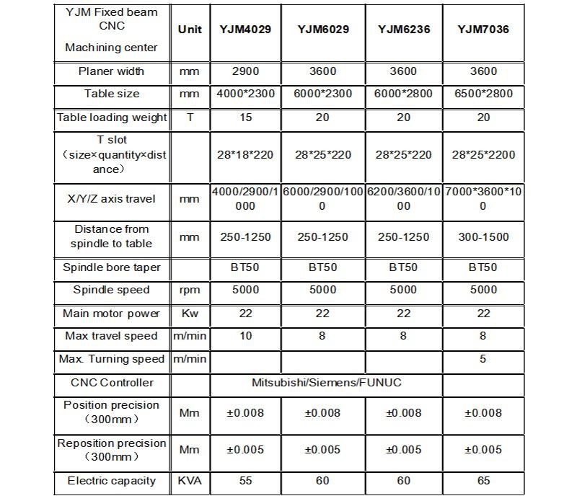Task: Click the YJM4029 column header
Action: [x=245, y=30]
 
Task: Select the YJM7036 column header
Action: [x=483, y=30]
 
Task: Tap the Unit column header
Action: [x=190, y=30]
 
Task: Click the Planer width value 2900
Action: [x=245, y=71]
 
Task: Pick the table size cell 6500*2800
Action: [x=483, y=94]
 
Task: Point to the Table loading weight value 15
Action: [x=245, y=117]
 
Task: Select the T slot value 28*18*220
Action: [x=245, y=154]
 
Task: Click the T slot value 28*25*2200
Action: [x=483, y=154]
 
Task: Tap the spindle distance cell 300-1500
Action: [x=483, y=236]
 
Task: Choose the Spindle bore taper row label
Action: [x=112, y=267]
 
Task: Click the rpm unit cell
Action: [x=190, y=290]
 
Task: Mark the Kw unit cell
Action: [x=190, y=313]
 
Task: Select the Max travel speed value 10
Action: [x=245, y=336]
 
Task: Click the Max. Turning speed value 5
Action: [x=483, y=358]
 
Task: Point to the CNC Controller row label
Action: [x=112, y=382]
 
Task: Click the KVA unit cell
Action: [x=190, y=481]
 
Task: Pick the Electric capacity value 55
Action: [x=245, y=481]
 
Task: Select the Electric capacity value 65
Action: [x=483, y=481]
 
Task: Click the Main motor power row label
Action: [x=112, y=313]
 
